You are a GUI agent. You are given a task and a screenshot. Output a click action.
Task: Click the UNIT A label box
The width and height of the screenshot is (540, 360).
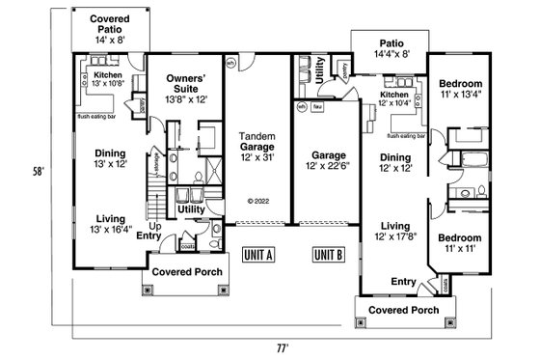[257, 255]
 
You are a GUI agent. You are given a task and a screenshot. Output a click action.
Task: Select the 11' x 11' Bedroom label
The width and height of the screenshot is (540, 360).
[459, 243]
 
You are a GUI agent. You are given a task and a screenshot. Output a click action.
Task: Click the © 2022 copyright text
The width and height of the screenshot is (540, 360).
[257, 202]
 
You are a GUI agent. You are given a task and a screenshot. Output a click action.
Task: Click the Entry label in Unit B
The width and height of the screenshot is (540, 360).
[402, 281]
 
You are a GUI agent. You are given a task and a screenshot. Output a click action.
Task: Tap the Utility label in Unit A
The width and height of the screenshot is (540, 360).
[191, 208]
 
